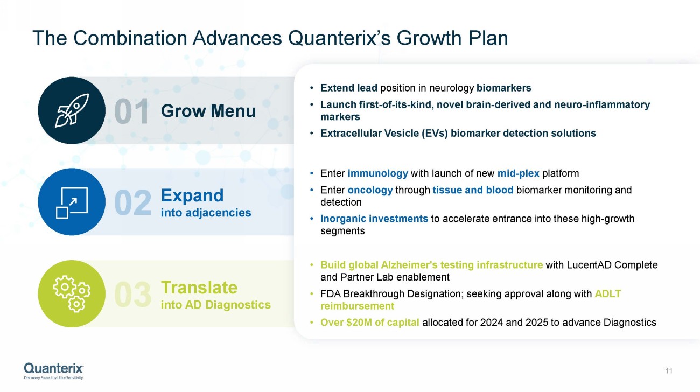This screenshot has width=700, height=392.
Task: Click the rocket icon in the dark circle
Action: point(72,110)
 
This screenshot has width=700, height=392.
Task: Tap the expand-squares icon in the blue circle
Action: point(72,202)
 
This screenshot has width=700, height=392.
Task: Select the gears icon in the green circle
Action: point(72,294)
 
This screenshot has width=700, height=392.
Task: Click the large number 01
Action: point(131,111)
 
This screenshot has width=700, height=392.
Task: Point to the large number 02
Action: point(133,203)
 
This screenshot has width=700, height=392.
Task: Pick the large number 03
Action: point(133,295)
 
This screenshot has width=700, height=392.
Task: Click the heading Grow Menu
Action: point(208,111)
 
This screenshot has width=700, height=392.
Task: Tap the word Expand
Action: point(192,195)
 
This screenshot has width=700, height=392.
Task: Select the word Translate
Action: point(199,288)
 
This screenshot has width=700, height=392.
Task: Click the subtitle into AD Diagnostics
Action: point(215,305)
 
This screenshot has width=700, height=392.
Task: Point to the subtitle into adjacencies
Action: point(206,213)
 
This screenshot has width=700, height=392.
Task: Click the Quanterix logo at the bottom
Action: point(54,371)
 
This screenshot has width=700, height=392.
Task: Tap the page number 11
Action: point(669,371)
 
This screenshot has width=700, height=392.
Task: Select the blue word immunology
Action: point(378,173)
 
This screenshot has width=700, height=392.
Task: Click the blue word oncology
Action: point(370,190)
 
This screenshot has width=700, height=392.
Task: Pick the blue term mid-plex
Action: point(519,173)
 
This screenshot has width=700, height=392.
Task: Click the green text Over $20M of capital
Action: point(370,323)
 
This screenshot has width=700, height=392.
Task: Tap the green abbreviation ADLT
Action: point(607,294)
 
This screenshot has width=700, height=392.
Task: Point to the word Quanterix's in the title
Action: point(339,38)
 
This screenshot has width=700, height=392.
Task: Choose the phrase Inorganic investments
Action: point(374,219)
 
